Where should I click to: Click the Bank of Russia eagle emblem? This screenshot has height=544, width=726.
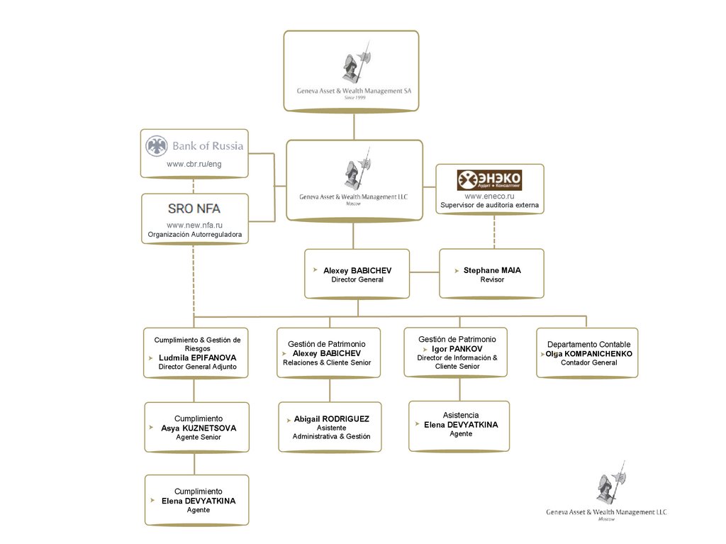156,147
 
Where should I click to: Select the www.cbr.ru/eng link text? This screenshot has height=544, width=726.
194,165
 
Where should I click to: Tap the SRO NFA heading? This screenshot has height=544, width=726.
194,209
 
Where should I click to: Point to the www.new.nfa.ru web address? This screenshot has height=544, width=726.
194,225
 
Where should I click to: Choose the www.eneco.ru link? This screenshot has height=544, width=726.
489,196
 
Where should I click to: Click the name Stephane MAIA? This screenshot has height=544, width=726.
492,270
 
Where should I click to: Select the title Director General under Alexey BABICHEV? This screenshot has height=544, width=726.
357,279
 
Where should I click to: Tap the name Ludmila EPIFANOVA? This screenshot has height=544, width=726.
197,357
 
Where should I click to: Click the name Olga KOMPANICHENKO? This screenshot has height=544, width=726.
588,353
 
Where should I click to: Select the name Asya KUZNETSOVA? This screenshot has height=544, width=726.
199,428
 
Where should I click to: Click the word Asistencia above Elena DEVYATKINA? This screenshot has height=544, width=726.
461,415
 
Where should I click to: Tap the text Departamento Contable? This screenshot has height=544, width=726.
588,344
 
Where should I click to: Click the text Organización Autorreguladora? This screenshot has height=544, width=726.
194,234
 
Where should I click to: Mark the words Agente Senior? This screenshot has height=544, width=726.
199,438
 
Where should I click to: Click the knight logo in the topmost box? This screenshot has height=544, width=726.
354,62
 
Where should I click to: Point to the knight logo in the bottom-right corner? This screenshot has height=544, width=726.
610,485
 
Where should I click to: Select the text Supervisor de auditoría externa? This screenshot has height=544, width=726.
489,206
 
